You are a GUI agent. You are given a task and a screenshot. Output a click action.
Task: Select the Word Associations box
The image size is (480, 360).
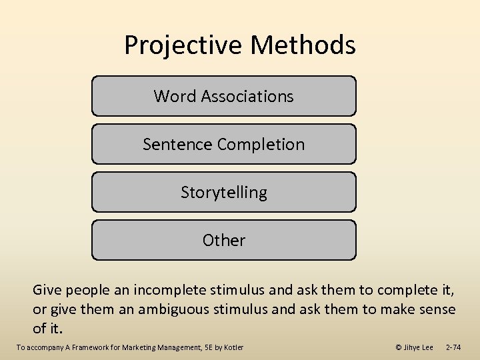point(224,96)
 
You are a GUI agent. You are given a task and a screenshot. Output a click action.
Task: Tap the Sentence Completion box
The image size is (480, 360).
point(224,144)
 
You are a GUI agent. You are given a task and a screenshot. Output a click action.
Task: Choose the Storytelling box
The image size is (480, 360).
point(224,192)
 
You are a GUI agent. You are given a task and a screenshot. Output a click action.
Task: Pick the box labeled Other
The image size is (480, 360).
point(224,240)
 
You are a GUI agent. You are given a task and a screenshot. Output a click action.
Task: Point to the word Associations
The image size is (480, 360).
point(247,96)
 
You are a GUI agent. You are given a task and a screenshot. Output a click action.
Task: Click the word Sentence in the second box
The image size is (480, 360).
point(170,144)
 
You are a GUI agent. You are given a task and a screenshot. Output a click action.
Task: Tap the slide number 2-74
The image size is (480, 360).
point(453,347)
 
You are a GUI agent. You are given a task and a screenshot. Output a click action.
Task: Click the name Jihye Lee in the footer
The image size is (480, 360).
point(419,347)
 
